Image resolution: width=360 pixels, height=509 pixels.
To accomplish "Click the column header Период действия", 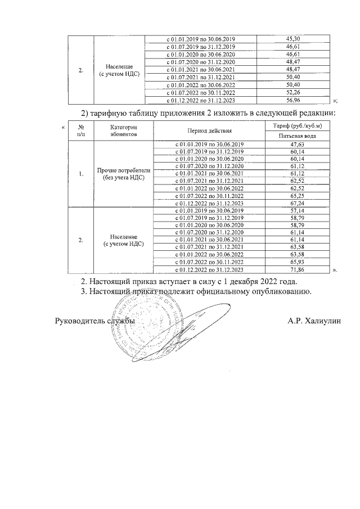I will (209, 130).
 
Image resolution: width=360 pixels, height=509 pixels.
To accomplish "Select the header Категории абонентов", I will (123, 130).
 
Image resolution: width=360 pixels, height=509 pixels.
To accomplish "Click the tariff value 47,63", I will (297, 145).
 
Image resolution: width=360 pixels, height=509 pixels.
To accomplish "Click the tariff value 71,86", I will (297, 269).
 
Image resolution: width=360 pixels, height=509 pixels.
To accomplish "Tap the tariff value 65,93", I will (297, 262).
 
